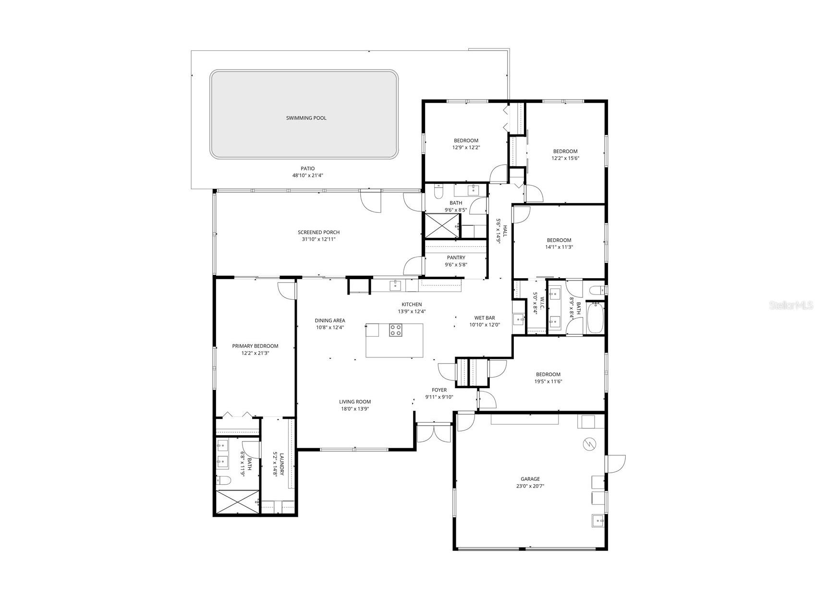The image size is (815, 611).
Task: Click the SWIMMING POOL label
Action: coord(306,118)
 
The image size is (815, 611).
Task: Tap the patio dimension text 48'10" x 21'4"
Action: coord(307,175)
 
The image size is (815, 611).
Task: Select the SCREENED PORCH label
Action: coord(318,232)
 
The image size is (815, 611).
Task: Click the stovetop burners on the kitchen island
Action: coord(396,330)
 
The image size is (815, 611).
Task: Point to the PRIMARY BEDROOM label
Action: coord(255,346)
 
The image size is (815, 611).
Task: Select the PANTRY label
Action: coord(456,257)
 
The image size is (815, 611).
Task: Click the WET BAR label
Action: coord(484,318)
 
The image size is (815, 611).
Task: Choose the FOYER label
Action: coord(439,390)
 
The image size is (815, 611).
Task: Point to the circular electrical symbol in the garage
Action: coord(588,444)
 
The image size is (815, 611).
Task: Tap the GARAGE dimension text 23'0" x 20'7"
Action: coord(530,486)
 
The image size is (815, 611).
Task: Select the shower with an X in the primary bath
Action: coord(237,502)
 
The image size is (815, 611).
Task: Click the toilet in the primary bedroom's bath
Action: coord(224,480)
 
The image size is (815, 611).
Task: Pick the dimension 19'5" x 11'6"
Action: coord(548,381)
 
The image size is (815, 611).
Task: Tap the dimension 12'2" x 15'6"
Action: coord(565,158)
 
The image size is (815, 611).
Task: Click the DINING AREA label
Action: coord(329,320)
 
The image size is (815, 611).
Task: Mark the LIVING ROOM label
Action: coord(354,402)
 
